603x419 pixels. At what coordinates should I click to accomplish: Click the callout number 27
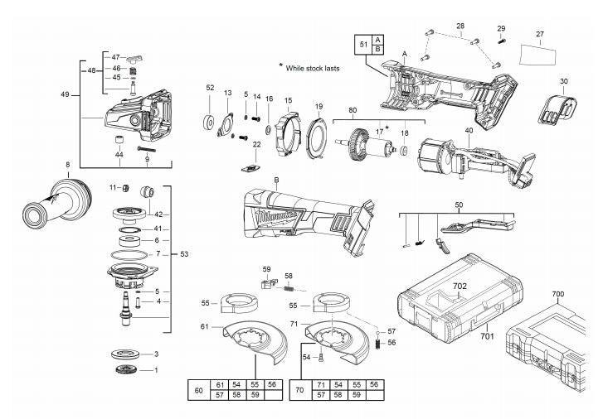click(x=539, y=34)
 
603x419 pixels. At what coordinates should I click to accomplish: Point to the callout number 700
click(x=557, y=294)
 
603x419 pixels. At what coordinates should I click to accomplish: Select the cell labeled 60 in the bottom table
click(x=198, y=390)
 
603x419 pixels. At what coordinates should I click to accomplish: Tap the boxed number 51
click(x=363, y=43)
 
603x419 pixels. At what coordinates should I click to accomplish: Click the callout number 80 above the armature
click(x=353, y=110)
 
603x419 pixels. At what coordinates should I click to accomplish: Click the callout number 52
click(x=210, y=88)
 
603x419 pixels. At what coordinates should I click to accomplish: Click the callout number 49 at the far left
click(x=66, y=95)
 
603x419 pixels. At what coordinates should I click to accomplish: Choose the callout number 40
click(x=469, y=130)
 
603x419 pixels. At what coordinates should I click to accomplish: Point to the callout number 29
click(x=501, y=29)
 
